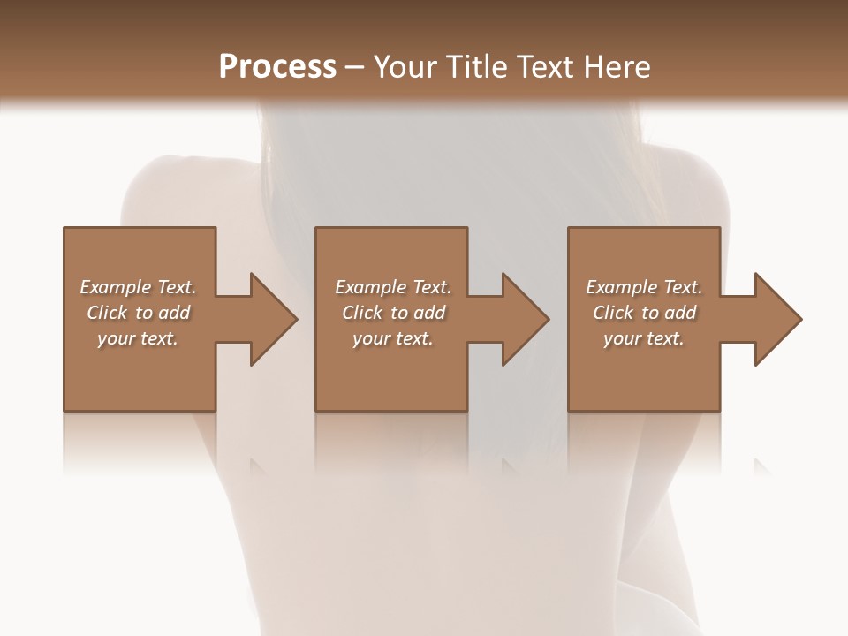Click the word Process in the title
(x=277, y=67)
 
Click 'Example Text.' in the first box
(x=138, y=287)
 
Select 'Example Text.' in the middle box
(x=393, y=287)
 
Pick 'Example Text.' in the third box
(x=644, y=287)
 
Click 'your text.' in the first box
(x=138, y=338)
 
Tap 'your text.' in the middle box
(x=393, y=338)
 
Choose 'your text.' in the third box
(x=644, y=338)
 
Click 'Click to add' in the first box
(x=138, y=313)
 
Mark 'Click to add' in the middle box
(x=393, y=313)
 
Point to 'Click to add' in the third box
(x=644, y=313)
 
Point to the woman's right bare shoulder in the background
(x=689, y=181)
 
